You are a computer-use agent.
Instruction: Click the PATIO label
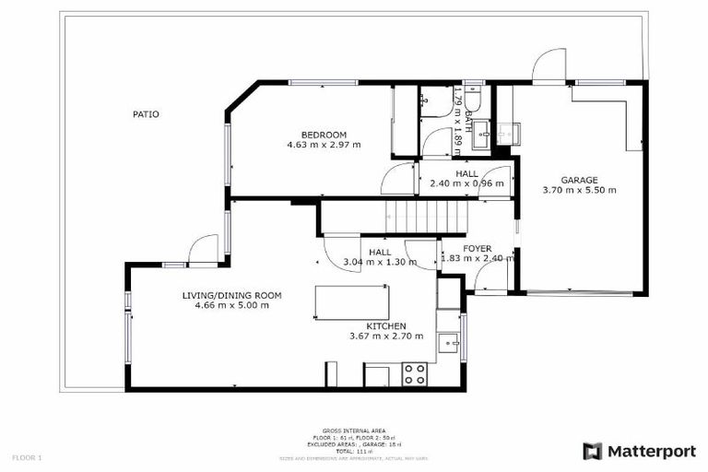(146, 114)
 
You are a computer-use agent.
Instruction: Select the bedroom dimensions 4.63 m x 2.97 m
(324, 145)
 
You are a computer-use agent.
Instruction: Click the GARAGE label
(580, 180)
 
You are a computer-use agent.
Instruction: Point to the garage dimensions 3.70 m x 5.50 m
(580, 190)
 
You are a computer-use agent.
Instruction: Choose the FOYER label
(477, 249)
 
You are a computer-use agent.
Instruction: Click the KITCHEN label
(385, 326)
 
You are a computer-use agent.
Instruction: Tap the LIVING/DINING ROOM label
(231, 295)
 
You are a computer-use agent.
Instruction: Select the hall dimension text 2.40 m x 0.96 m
(466, 183)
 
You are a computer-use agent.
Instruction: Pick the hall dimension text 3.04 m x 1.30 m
(379, 262)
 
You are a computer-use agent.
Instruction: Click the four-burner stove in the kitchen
(415, 373)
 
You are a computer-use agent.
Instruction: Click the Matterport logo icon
(593, 451)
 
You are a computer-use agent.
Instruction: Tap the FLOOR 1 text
(27, 457)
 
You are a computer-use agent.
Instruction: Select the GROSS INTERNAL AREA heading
(353, 431)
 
